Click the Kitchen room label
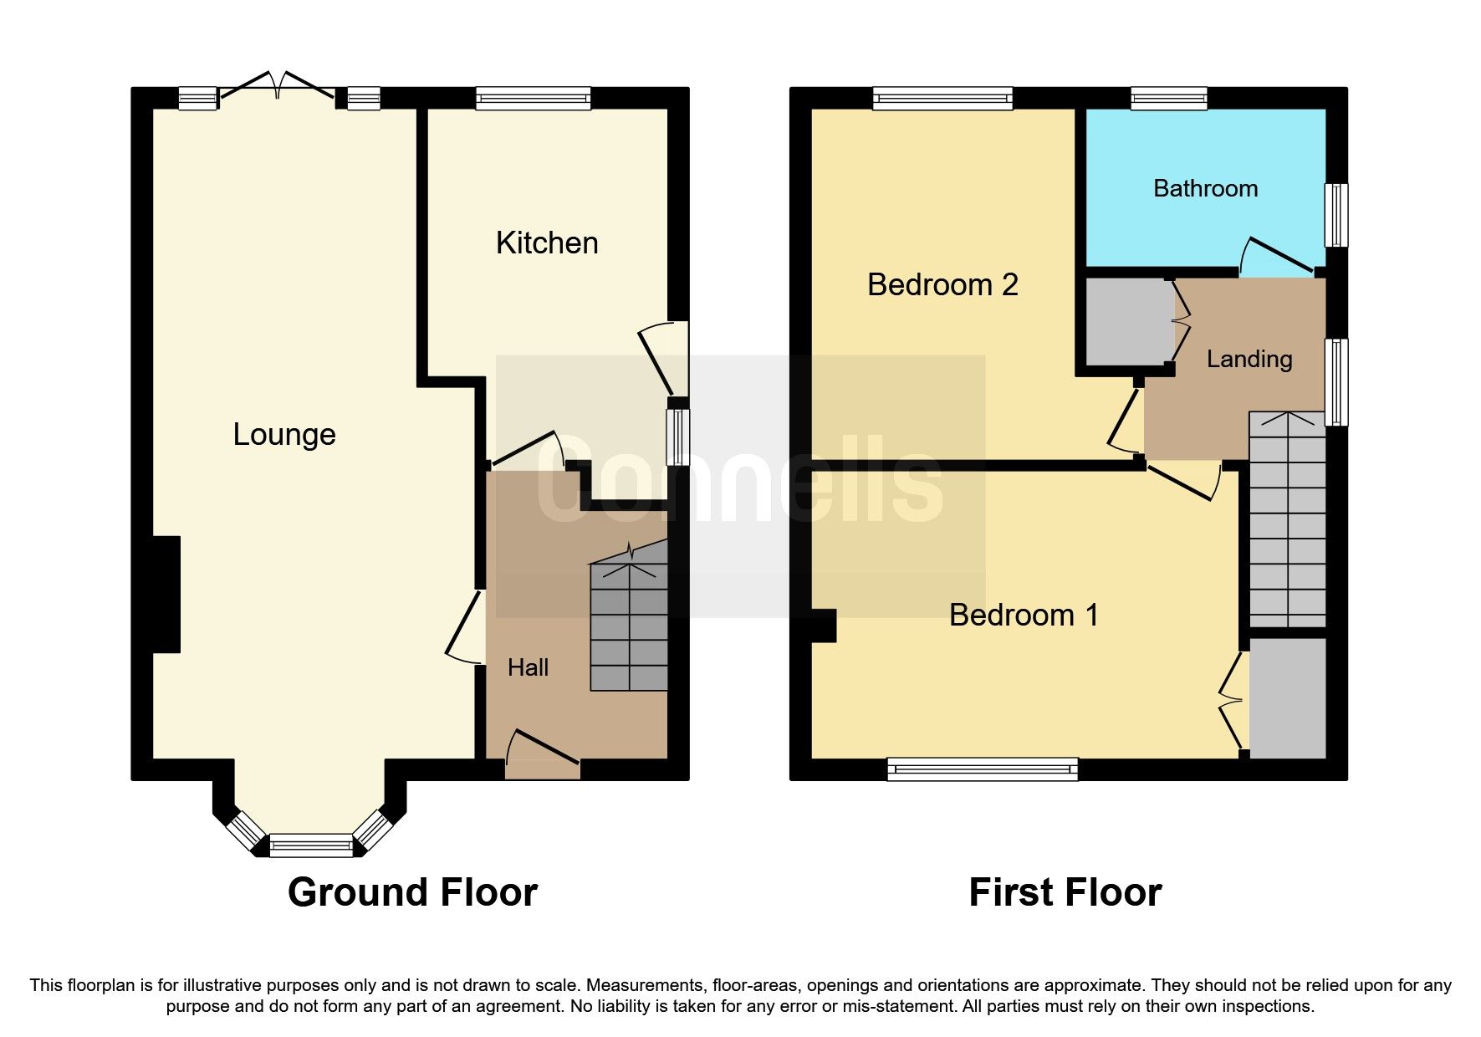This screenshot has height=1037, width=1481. (x=547, y=243)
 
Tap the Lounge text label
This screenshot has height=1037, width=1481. (x=284, y=435)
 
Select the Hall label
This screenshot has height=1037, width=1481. (x=528, y=667)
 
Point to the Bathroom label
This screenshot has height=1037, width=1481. (x=1205, y=189)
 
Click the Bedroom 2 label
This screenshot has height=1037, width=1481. (x=942, y=285)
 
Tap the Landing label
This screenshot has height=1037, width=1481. (x=1249, y=360)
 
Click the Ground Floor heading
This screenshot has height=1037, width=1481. (x=412, y=892)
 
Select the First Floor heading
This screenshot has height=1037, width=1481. (x=1065, y=892)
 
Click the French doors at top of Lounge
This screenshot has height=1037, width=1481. (x=278, y=87)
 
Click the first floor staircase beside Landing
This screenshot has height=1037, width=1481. (x=1287, y=518)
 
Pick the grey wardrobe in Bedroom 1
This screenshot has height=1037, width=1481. (x=1287, y=698)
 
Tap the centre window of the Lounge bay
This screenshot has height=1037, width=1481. (x=311, y=845)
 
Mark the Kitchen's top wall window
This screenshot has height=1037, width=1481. (x=533, y=99)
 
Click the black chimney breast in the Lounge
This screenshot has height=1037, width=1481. (x=166, y=594)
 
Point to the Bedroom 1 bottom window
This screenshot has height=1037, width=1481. (x=983, y=769)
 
